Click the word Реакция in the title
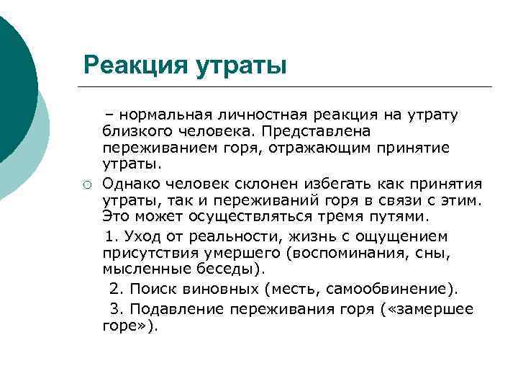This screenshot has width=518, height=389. pos(135,66)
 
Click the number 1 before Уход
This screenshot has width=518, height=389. pos(109,236)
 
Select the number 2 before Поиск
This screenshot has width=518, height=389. pos(114,290)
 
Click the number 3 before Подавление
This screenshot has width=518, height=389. pos(114,309)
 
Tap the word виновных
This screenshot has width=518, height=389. pos(226,290)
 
